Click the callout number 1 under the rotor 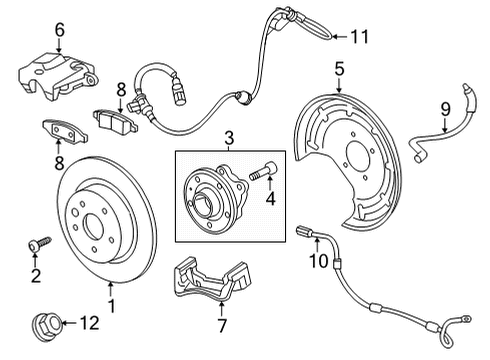tap(112, 306)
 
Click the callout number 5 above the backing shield tap(339, 70)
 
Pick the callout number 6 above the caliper tap(59, 30)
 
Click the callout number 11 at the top tap(359, 36)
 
